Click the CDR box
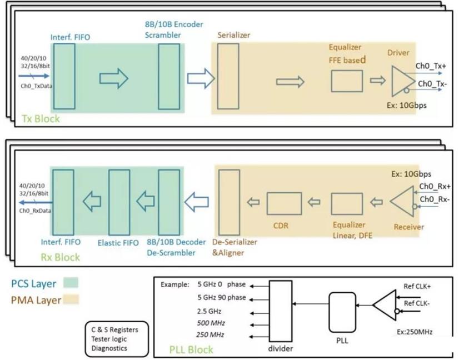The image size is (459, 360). (x=284, y=203)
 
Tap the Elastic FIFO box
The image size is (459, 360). (x=119, y=202)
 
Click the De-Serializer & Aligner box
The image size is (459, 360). (x=228, y=202)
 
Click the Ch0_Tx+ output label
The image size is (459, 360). (x=435, y=66)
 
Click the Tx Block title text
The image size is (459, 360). (x=40, y=119)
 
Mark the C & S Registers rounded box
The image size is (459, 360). (x=116, y=339)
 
